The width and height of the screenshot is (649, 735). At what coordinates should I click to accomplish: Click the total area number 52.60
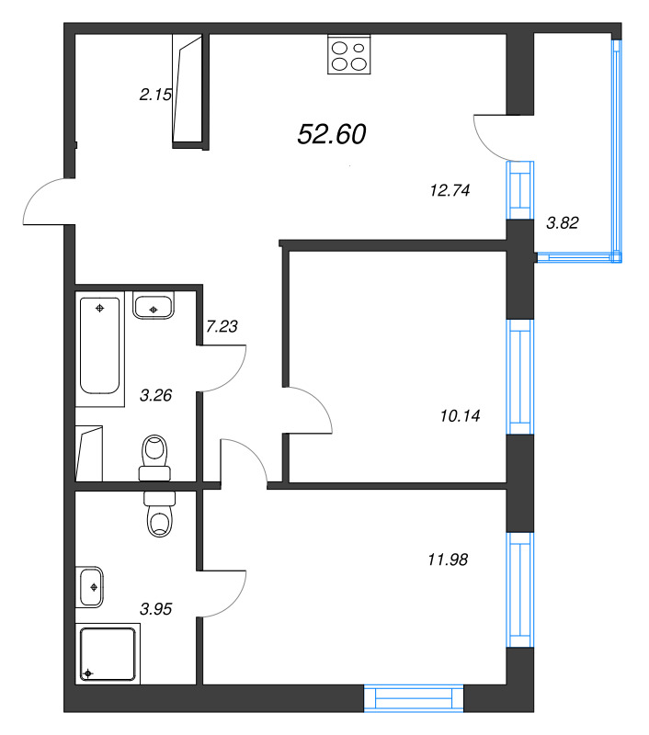(332, 134)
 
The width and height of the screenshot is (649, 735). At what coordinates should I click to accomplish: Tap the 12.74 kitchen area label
(450, 191)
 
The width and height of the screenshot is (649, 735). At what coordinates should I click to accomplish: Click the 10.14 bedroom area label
(461, 415)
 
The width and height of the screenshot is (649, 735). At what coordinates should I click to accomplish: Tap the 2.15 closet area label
(155, 93)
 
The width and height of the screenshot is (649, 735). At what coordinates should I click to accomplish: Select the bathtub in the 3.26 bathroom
(101, 350)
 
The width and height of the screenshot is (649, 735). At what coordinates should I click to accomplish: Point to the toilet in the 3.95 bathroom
(160, 514)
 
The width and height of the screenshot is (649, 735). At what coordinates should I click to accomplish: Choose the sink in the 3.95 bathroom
(92, 586)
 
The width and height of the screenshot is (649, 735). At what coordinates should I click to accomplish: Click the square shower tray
(108, 653)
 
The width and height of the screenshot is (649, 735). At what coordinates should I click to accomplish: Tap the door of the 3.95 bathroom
(221, 588)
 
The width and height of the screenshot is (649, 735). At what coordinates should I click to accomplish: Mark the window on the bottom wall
(413, 698)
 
